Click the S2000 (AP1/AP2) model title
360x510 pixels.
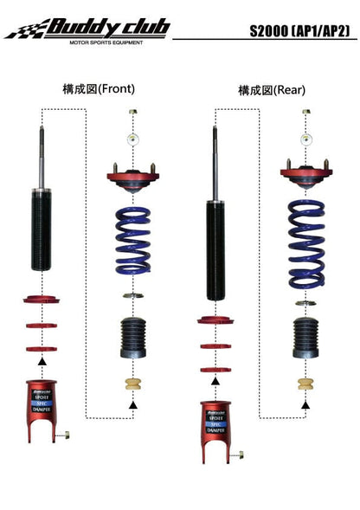pyautogui.click(x=298, y=31)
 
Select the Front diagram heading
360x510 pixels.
pyautogui.click(x=99, y=88)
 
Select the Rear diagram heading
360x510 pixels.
pyautogui.click(x=272, y=90)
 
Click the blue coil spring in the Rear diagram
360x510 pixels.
pyautogui.click(x=305, y=232)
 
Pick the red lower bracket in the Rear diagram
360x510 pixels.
pyautogui.click(x=215, y=427)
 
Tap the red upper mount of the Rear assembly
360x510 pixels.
pyautogui.click(x=305, y=177)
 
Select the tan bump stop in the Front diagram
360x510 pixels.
pyautogui.click(x=133, y=384)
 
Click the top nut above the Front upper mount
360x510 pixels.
pyautogui.click(x=132, y=113)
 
